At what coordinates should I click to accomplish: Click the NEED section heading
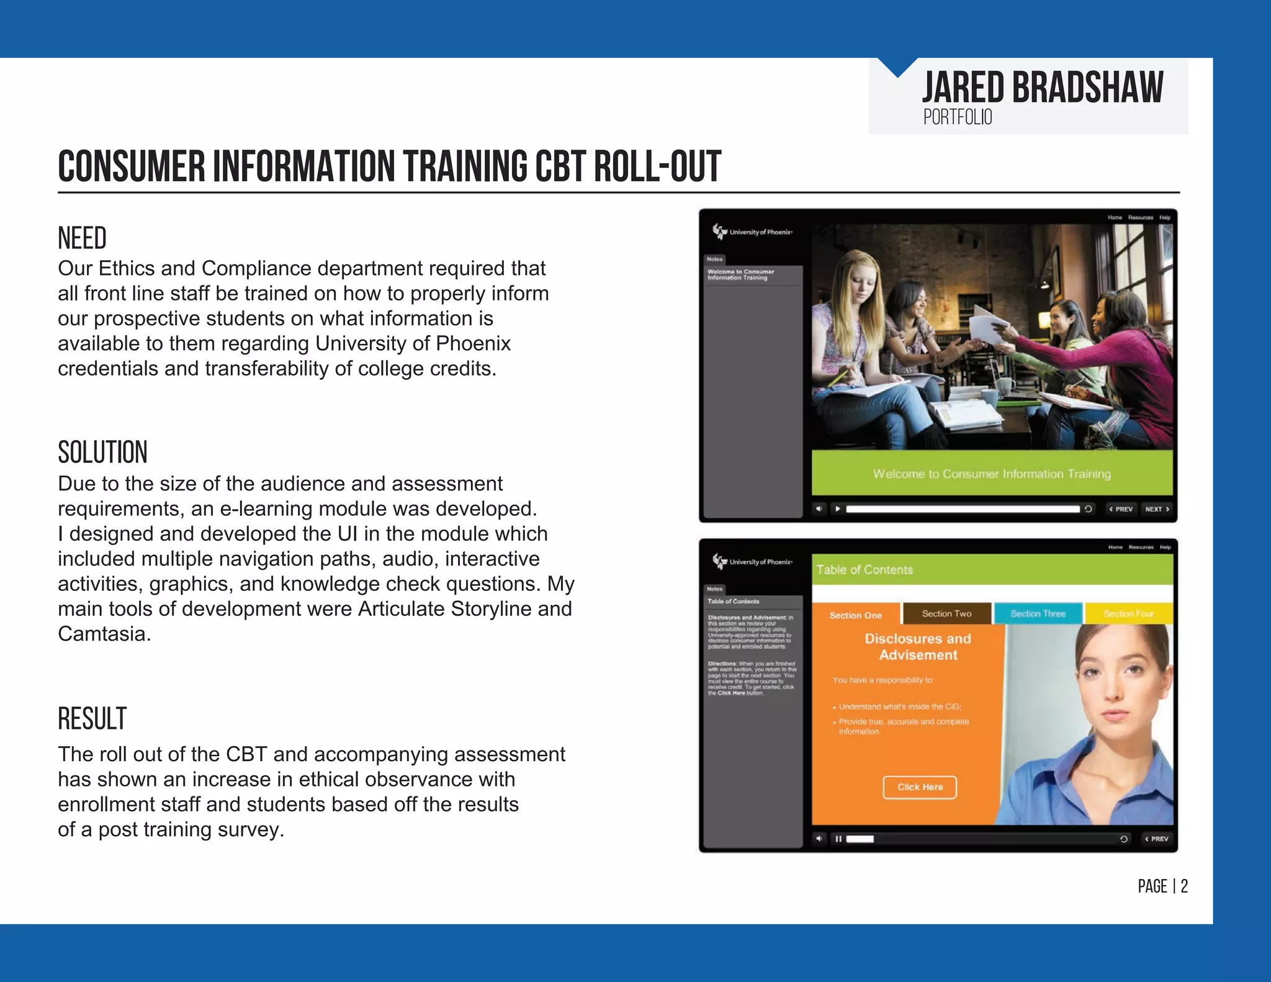pyautogui.click(x=82, y=238)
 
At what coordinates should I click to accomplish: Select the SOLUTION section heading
pyautogui.click(x=102, y=453)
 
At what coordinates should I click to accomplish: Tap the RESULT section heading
pyautogui.click(x=92, y=719)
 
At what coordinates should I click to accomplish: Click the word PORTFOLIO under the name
pyautogui.click(x=958, y=117)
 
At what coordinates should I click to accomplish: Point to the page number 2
pyautogui.click(x=1184, y=886)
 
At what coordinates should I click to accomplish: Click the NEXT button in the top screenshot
pyautogui.click(x=1157, y=509)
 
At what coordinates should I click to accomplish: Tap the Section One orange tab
pyautogui.click(x=855, y=615)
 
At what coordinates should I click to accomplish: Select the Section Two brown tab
pyautogui.click(x=946, y=613)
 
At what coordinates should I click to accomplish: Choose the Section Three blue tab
pyautogui.click(x=1038, y=613)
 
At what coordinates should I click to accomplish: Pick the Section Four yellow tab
pyautogui.click(x=1128, y=613)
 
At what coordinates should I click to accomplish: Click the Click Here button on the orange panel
pyautogui.click(x=920, y=787)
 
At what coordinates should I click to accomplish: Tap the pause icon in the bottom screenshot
pyautogui.click(x=838, y=839)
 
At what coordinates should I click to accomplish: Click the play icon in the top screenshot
pyautogui.click(x=838, y=509)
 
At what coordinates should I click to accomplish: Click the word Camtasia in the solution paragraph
pyautogui.click(x=103, y=634)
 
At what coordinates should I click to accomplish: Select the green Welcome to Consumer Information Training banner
pyautogui.click(x=992, y=474)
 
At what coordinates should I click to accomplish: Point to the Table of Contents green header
pyautogui.click(x=992, y=570)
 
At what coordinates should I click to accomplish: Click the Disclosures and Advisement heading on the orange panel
pyautogui.click(x=918, y=647)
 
